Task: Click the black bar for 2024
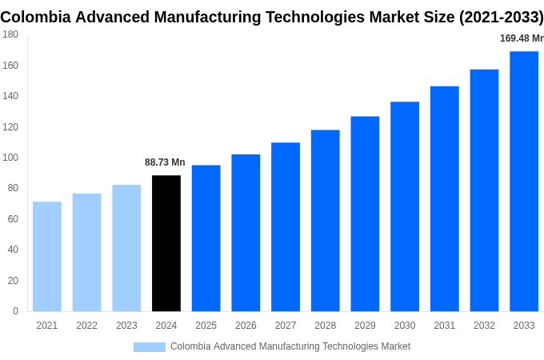tap(166, 243)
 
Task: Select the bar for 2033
tap(524, 182)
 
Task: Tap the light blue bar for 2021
tap(47, 256)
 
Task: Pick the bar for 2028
tap(325, 221)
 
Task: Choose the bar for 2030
tap(405, 206)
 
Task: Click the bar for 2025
tap(206, 238)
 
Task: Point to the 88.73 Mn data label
tap(165, 162)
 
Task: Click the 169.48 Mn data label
tap(521, 38)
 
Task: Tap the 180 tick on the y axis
tap(10, 34)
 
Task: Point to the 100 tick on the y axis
tap(10, 158)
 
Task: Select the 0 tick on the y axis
tap(15, 311)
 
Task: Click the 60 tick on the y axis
tap(13, 219)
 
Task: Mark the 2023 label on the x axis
tap(126, 326)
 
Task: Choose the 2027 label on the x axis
tap(286, 326)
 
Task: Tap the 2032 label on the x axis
tap(484, 326)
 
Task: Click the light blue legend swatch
tap(149, 346)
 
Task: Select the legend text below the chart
tap(290, 346)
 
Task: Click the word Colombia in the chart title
tap(34, 17)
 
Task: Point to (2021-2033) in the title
tap(501, 17)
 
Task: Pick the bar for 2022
tap(86, 252)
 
